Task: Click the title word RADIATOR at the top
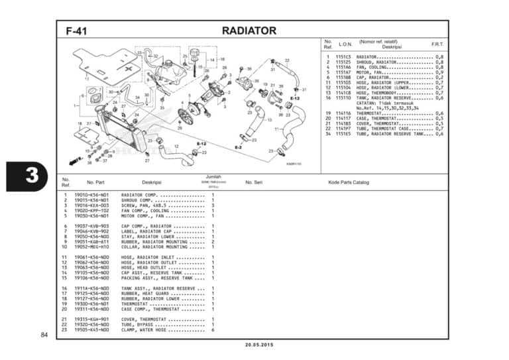pyautogui.click(x=249, y=30)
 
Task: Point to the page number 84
pyautogui.click(x=44, y=335)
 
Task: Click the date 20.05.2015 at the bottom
pyautogui.click(x=254, y=345)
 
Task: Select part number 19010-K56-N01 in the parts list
pyautogui.click(x=91, y=196)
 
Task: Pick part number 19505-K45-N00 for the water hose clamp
pyautogui.click(x=91, y=330)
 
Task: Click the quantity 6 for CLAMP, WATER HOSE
pyautogui.click(x=213, y=330)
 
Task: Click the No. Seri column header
pyautogui.click(x=254, y=182)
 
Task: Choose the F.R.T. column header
pyautogui.click(x=437, y=44)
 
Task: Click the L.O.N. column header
pyautogui.click(x=345, y=44)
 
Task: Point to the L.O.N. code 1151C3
pyautogui.click(x=343, y=57)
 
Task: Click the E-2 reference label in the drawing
pyautogui.click(x=238, y=147)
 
